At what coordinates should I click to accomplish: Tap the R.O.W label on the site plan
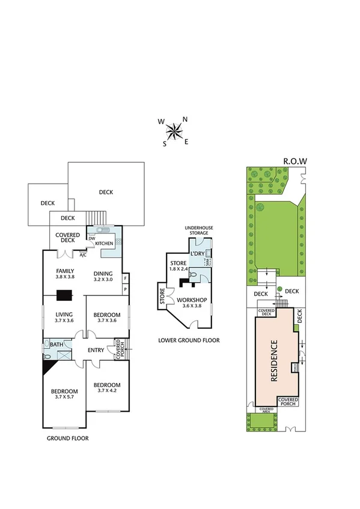point(294,161)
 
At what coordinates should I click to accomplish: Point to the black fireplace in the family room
point(61,295)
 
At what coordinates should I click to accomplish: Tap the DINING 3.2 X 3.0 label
point(103,276)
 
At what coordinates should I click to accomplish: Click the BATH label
point(56,345)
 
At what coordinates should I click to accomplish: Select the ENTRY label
point(96,351)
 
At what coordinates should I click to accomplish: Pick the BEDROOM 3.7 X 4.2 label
point(108,388)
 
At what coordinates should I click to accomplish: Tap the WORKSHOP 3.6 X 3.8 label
point(192,303)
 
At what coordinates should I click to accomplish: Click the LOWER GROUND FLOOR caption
point(189,340)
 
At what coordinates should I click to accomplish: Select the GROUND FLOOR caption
point(67,439)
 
